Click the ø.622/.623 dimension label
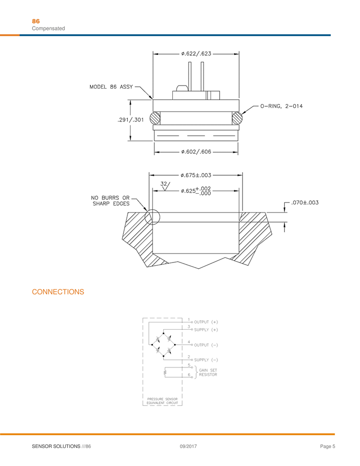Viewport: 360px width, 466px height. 196,54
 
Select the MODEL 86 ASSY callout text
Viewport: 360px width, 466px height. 111,87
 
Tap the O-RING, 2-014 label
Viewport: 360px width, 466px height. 282,106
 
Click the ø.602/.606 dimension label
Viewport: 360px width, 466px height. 196,152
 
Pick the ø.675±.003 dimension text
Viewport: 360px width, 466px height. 196,175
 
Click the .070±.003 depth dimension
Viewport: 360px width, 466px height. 305,203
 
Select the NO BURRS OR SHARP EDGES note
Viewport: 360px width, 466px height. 111,201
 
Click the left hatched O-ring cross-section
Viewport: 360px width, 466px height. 155,118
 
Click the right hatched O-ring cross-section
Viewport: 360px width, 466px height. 237,118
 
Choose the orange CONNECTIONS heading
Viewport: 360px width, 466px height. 58,292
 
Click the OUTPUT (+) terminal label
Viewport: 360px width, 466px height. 206,322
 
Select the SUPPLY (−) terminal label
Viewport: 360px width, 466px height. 206,360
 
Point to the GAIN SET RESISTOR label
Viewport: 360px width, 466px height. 208,372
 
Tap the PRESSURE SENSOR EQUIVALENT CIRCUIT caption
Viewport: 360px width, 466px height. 162,401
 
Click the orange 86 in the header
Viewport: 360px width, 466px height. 36,22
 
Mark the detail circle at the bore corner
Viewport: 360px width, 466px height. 152,217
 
